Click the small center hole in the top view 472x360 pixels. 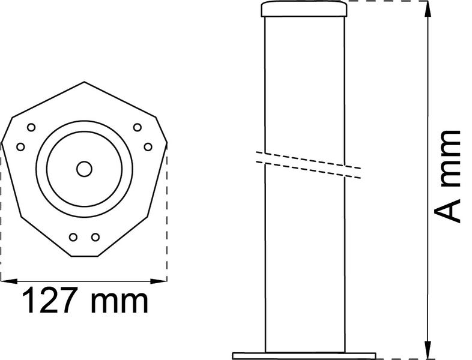click(84, 169)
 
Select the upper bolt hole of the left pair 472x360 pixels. click(31, 127)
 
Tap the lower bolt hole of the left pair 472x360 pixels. click(20, 146)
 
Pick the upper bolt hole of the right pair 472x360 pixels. click(137, 127)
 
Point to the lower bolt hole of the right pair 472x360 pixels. click(148, 146)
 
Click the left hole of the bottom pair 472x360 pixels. click(73, 237)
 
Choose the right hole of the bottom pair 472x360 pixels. click(95, 237)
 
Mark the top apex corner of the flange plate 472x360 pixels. click(84, 82)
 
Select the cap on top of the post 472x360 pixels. click(304, 9)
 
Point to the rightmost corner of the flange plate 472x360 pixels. click(167, 143)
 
